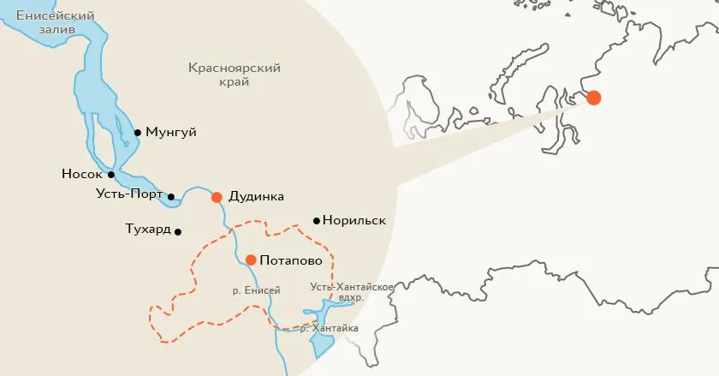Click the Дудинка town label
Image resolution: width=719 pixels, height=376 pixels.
tap(257, 197)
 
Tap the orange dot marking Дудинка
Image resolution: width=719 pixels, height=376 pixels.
tap(217, 197)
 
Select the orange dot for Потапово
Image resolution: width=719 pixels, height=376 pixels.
tap(251, 260)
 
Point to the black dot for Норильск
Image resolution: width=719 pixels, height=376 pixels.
tap(317, 221)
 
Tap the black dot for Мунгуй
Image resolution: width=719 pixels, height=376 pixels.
tap(138, 133)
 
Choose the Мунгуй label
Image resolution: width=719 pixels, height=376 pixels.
tap(171, 133)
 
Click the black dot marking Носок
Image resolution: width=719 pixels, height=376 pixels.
tap(111, 175)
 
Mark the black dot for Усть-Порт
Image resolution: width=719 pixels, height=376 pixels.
tap(171, 197)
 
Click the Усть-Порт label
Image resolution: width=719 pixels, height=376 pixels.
tap(129, 194)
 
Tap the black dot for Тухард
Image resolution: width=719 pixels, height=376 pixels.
tap(178, 232)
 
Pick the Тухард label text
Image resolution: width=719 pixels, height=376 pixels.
tap(146, 230)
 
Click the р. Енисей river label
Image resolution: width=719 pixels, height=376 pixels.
tap(256, 291)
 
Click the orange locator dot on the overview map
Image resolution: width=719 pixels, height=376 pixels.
tap(593, 98)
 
